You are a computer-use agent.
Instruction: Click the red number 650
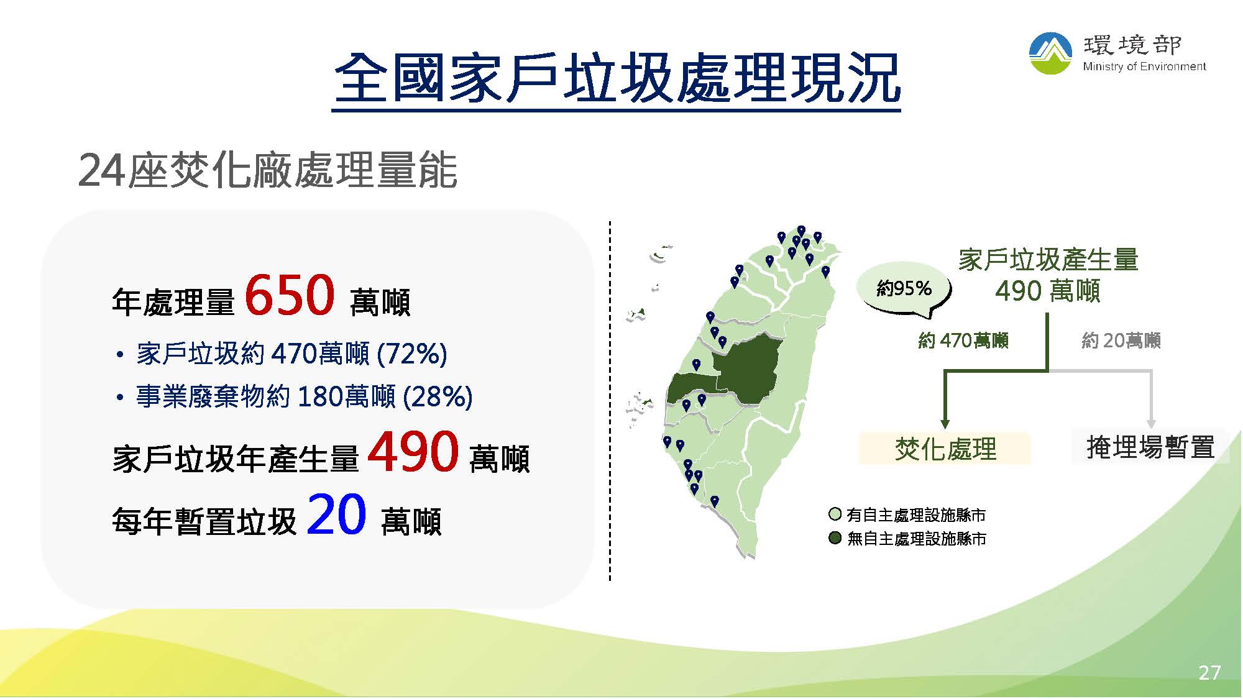pyautogui.click(x=290, y=296)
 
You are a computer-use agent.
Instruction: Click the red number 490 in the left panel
pyautogui.click(x=413, y=452)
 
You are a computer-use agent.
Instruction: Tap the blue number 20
pyautogui.click(x=336, y=514)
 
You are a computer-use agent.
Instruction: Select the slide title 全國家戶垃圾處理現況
pyautogui.click(x=617, y=78)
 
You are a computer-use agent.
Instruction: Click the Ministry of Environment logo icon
pyautogui.click(x=1050, y=53)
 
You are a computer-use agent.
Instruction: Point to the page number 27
pyautogui.click(x=1209, y=673)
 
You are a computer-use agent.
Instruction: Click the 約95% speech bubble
pyautogui.click(x=904, y=290)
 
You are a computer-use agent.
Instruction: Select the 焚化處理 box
pyautogui.click(x=945, y=449)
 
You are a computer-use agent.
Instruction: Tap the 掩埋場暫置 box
pyautogui.click(x=1150, y=447)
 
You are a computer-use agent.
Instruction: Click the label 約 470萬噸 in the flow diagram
pyautogui.click(x=963, y=340)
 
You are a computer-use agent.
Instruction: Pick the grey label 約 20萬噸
pyautogui.click(x=1121, y=340)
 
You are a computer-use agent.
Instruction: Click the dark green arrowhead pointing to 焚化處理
pyautogui.click(x=945, y=424)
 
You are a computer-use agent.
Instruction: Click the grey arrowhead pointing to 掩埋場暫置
pyautogui.click(x=1151, y=424)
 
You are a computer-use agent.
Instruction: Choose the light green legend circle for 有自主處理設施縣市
pyautogui.click(x=835, y=514)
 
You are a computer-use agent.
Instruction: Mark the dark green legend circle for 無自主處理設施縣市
pyautogui.click(x=835, y=537)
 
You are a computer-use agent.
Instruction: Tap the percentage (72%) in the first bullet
pyautogui.click(x=412, y=354)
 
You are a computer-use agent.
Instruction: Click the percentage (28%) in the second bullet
pyautogui.click(x=438, y=396)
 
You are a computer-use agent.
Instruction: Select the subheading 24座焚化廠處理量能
pyautogui.click(x=268, y=170)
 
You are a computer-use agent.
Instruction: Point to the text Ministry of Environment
pyautogui.click(x=1144, y=66)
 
